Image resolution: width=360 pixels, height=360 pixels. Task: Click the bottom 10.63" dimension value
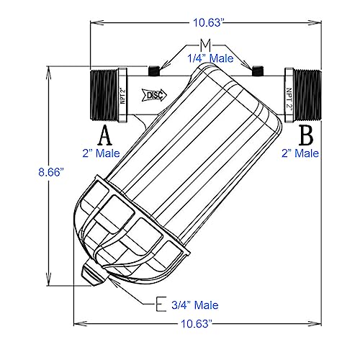(x=197, y=324)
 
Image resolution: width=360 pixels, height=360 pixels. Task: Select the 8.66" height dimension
(x=51, y=172)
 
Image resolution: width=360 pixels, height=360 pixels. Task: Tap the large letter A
(x=105, y=135)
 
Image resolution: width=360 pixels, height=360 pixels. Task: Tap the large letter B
(x=306, y=135)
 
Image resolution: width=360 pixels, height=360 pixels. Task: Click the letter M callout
(x=205, y=45)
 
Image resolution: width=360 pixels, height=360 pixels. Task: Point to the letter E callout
(x=161, y=304)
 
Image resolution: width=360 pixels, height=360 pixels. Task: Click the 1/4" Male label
(x=210, y=58)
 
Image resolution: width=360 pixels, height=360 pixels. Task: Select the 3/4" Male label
(x=195, y=305)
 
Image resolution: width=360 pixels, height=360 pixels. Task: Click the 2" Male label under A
(x=101, y=153)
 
